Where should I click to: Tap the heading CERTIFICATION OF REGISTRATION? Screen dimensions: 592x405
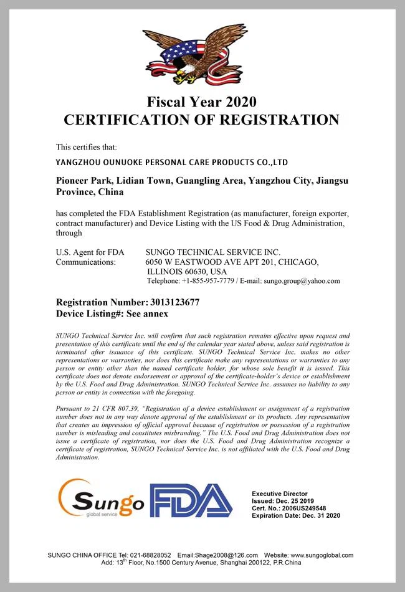click(x=202, y=120)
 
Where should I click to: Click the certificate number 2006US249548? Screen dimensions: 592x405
click(x=303, y=508)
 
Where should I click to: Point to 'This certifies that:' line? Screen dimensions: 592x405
click(x=87, y=147)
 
